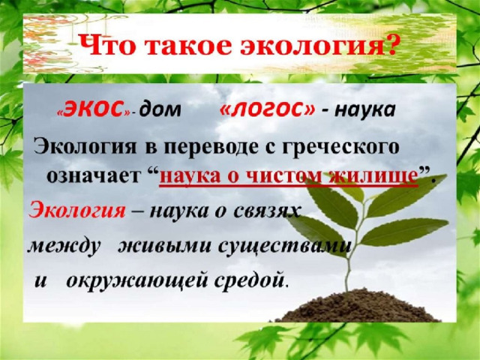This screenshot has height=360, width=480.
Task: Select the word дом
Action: (160, 110)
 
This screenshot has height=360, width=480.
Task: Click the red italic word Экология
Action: (76, 211)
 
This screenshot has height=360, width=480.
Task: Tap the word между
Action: (64, 246)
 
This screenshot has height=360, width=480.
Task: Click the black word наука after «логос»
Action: (365, 110)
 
